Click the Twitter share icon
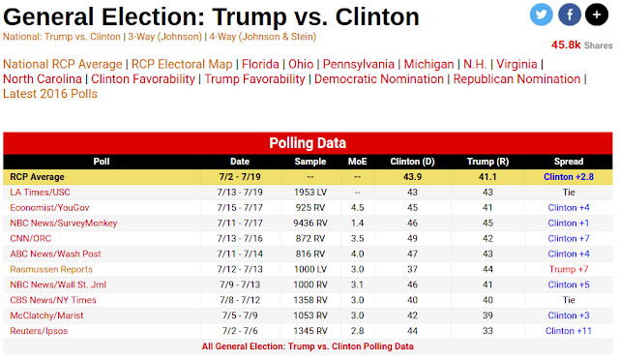tap(541, 15)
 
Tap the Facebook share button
tap(570, 15)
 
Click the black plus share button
tap(597, 15)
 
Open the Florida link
tap(260, 64)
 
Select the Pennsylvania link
tap(359, 64)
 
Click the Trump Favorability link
tap(254, 79)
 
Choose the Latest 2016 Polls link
tap(50, 94)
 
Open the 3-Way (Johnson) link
tap(165, 37)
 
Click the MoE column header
tap(357, 162)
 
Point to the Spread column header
tap(569, 162)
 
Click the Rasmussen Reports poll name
tap(51, 269)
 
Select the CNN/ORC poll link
tap(30, 238)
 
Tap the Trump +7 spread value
tap(569, 269)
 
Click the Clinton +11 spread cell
tap(569, 331)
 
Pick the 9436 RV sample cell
tap(310, 223)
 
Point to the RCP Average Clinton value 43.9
tap(412, 177)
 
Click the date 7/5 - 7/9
tap(240, 315)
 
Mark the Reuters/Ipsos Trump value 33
tap(487, 331)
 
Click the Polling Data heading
tap(308, 143)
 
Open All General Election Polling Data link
tap(308, 346)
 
